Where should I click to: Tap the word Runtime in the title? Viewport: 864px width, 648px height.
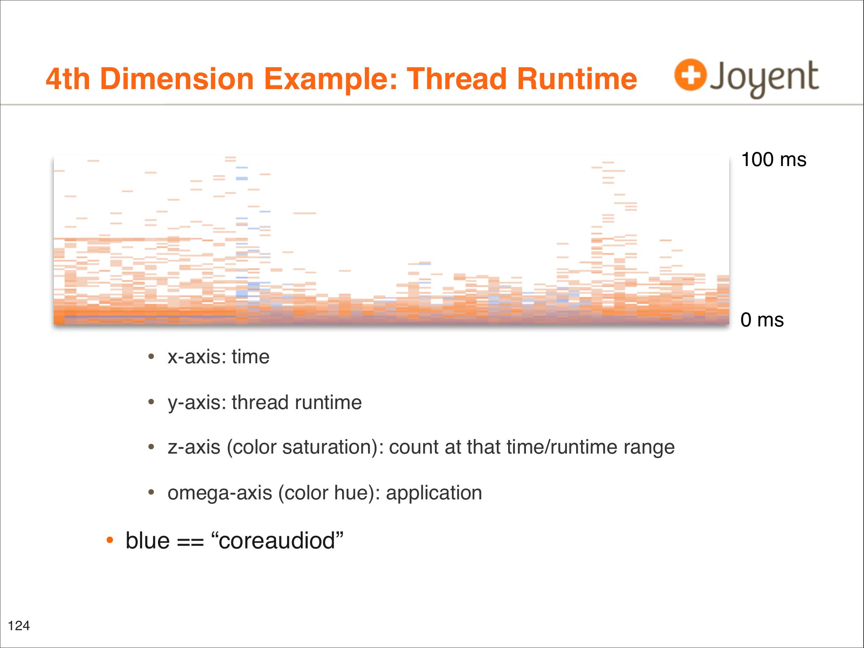(x=577, y=79)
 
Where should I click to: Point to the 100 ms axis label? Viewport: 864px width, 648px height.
(x=774, y=160)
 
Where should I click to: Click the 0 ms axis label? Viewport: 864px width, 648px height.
(x=762, y=320)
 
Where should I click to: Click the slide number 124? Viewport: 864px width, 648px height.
(x=19, y=626)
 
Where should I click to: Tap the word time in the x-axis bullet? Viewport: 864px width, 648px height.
(x=251, y=357)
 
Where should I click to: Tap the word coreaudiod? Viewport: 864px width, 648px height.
(x=277, y=541)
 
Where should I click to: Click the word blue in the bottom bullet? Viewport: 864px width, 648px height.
(x=147, y=541)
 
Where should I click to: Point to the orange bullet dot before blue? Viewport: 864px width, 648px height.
(x=109, y=540)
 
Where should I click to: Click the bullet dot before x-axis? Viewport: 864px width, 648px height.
(x=151, y=357)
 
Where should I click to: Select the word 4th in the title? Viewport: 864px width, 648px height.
(x=68, y=79)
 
